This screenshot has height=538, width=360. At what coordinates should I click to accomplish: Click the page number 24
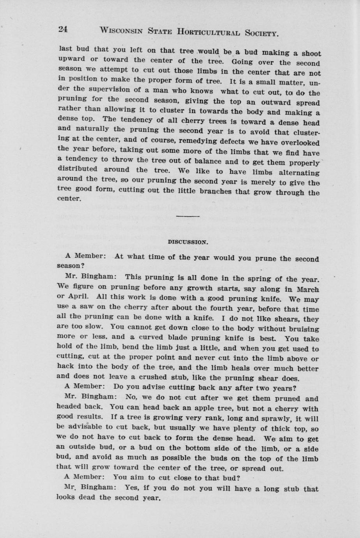tap(63, 29)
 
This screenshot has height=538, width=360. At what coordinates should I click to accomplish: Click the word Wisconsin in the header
tap(121, 30)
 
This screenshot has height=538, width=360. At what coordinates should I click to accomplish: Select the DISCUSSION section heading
tap(188, 242)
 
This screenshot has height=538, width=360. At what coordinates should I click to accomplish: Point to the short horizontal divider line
tap(188, 216)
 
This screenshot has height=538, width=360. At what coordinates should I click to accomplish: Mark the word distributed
tap(78, 170)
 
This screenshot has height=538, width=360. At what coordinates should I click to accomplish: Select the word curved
tap(162, 338)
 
